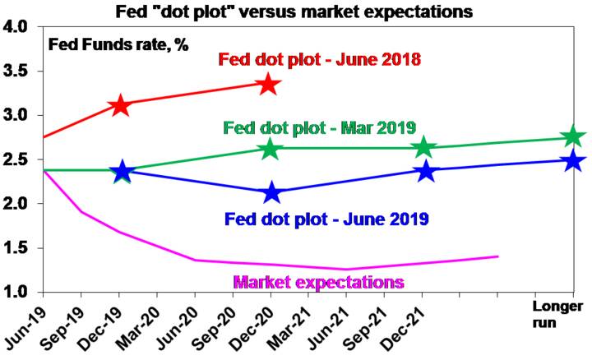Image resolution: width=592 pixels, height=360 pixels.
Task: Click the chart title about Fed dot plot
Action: [x=294, y=12]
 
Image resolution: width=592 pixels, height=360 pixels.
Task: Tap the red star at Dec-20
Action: [x=268, y=84]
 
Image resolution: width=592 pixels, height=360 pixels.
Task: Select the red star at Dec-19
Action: [x=120, y=105]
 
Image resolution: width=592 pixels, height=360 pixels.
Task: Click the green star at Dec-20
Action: [x=270, y=149]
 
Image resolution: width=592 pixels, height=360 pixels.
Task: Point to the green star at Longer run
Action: [x=573, y=136]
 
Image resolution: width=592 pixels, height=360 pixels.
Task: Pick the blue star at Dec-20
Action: [x=272, y=192]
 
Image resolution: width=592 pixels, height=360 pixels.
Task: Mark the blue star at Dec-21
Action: [x=426, y=171]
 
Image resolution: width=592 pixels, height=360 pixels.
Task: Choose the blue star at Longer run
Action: [x=573, y=160]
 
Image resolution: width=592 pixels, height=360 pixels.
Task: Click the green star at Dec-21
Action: [x=423, y=147]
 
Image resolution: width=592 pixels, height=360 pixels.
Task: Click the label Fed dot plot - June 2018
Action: [x=319, y=60]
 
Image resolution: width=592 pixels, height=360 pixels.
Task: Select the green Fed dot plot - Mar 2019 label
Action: [x=319, y=128]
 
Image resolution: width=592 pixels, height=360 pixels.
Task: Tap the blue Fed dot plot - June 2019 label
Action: [x=326, y=219]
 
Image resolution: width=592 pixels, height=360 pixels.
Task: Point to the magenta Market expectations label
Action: [x=319, y=282]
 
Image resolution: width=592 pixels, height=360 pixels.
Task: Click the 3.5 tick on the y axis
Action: [x=15, y=71]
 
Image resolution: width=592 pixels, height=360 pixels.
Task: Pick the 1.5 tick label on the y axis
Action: [x=15, y=248]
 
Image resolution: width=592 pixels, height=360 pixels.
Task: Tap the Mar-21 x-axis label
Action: [x=289, y=327]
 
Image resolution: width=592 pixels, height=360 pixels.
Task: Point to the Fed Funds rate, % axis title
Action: [x=118, y=45]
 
